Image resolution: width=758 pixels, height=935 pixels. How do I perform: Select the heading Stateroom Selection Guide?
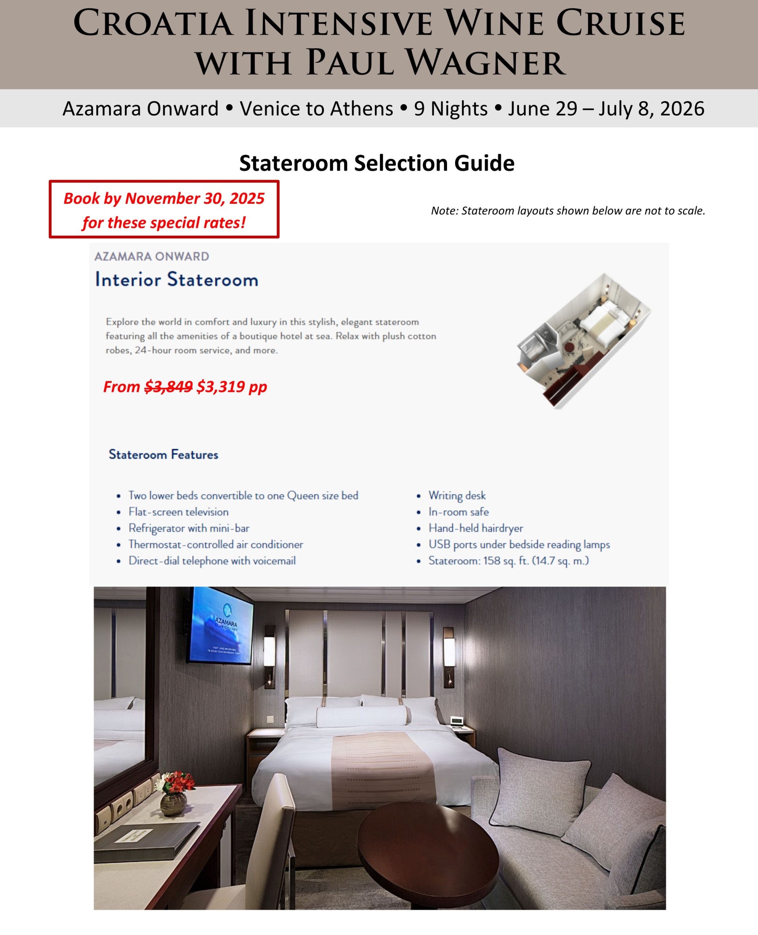(x=377, y=163)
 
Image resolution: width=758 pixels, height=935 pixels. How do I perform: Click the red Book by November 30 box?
(x=164, y=210)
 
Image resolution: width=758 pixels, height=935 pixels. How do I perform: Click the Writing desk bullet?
(x=457, y=496)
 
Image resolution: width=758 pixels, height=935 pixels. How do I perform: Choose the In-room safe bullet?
(x=458, y=512)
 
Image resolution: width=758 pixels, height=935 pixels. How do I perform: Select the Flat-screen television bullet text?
(x=178, y=512)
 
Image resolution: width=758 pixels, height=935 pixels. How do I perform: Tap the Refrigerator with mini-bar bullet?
(x=189, y=528)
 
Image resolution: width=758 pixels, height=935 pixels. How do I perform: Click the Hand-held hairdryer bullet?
(x=476, y=528)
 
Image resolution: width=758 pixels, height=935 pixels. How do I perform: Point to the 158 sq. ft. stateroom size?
(x=508, y=561)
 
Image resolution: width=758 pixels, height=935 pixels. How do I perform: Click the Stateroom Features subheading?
(x=163, y=454)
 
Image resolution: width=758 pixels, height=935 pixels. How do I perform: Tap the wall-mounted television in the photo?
(x=220, y=626)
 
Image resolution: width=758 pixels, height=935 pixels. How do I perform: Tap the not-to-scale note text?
(x=567, y=211)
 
